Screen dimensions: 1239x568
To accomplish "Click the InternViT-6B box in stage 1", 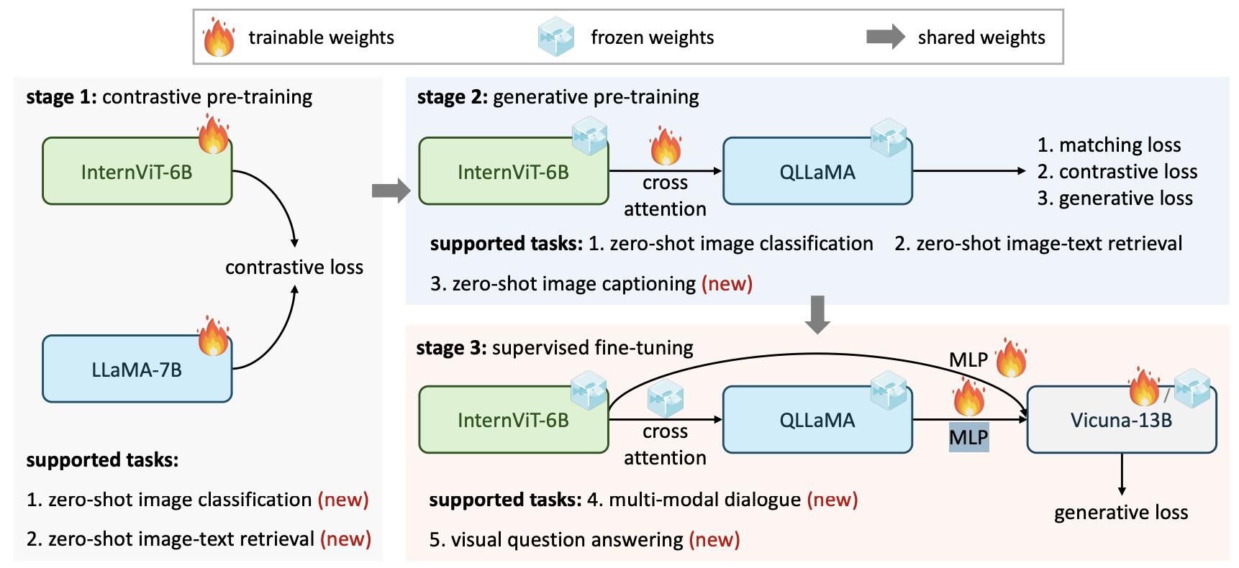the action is pyautogui.click(x=137, y=171).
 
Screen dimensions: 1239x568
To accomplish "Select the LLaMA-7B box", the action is pyautogui.click(x=137, y=369).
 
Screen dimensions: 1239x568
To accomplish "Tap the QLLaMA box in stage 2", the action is pyautogui.click(x=817, y=171).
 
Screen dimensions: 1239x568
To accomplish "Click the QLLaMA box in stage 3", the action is pyautogui.click(x=817, y=420).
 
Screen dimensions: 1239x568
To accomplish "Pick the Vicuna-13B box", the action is pyautogui.click(x=1122, y=420).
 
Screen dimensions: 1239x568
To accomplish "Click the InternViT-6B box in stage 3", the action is pyautogui.click(x=514, y=420).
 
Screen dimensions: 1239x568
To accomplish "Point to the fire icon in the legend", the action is pyautogui.click(x=219, y=37).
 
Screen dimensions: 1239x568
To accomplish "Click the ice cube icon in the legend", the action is pyautogui.click(x=556, y=37).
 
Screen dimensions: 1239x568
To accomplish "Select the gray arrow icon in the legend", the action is pyautogui.click(x=886, y=37).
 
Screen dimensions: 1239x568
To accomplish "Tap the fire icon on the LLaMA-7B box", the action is pyautogui.click(x=213, y=336).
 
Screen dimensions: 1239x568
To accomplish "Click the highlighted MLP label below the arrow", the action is pyautogui.click(x=968, y=437).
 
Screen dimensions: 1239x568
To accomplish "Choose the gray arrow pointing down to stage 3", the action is pyautogui.click(x=817, y=315).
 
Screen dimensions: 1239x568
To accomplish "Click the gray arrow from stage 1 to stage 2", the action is pyautogui.click(x=391, y=191).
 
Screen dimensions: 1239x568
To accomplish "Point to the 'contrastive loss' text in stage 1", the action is pyautogui.click(x=294, y=267).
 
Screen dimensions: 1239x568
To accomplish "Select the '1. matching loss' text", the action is pyautogui.click(x=1109, y=145).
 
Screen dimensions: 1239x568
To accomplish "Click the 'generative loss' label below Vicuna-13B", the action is pyautogui.click(x=1121, y=513).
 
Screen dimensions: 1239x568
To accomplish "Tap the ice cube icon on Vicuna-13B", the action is pyautogui.click(x=1192, y=388).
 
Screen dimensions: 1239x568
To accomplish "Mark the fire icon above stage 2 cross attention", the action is pyautogui.click(x=666, y=146).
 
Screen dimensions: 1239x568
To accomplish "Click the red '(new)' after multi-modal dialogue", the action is pyautogui.click(x=832, y=500).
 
